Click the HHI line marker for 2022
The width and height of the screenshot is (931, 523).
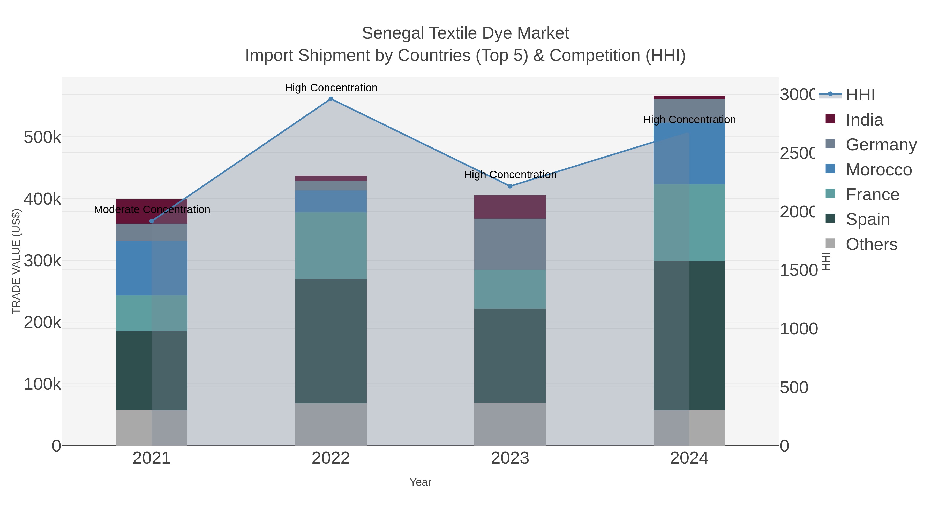tap(331, 99)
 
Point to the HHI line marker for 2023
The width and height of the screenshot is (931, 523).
tap(510, 186)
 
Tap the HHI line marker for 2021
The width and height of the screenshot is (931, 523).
tap(152, 221)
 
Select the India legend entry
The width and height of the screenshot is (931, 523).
tap(864, 120)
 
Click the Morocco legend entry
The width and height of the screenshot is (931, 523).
tap(878, 170)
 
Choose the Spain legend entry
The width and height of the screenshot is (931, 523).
tap(867, 219)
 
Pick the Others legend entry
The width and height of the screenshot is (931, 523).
tap(871, 244)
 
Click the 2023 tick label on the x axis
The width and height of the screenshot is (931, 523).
tap(510, 458)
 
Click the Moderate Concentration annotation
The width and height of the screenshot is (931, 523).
tap(152, 209)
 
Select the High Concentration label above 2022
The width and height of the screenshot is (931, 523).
tap(331, 88)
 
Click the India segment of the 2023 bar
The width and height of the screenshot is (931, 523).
tap(510, 207)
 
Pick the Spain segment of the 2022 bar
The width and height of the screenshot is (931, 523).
tap(331, 341)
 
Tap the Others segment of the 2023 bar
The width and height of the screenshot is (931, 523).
tap(510, 424)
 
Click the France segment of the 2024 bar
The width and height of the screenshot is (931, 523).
tap(689, 222)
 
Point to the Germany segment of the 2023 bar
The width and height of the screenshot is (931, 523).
tap(510, 244)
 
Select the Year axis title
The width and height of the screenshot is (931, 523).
tap(420, 482)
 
